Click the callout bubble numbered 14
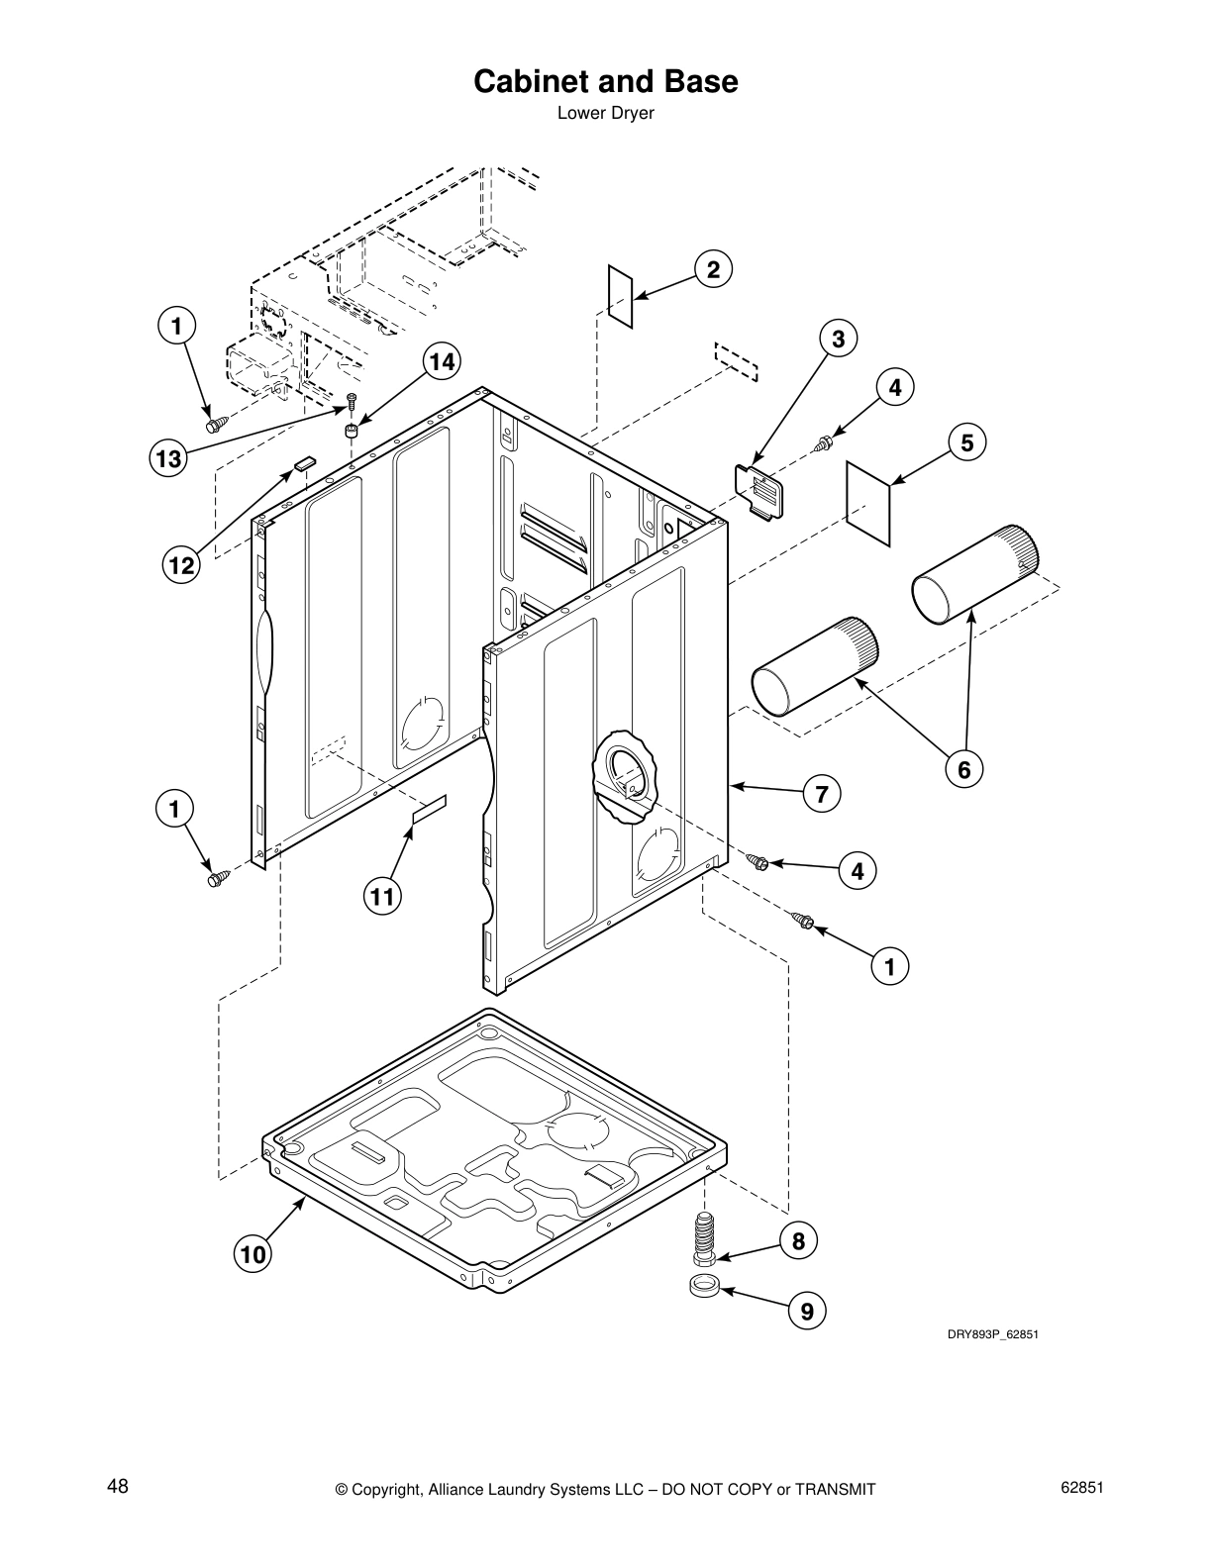click(442, 362)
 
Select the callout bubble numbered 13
click(168, 458)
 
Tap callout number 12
click(181, 565)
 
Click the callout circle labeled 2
click(713, 269)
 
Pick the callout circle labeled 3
click(838, 340)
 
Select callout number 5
click(967, 442)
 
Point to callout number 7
click(821, 794)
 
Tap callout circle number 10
click(252, 1255)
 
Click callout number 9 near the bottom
click(807, 1312)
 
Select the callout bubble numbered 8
click(798, 1241)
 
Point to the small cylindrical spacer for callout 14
click(351, 430)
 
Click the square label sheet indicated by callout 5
click(869, 502)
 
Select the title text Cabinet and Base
click(605, 81)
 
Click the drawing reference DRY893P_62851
click(991, 1334)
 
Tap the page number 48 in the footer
click(117, 1486)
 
